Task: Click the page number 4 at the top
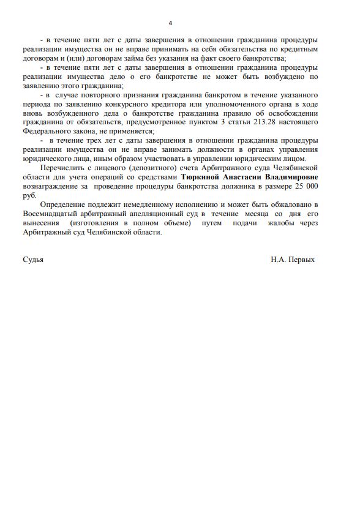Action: (170, 23)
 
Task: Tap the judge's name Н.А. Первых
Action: (293, 260)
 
